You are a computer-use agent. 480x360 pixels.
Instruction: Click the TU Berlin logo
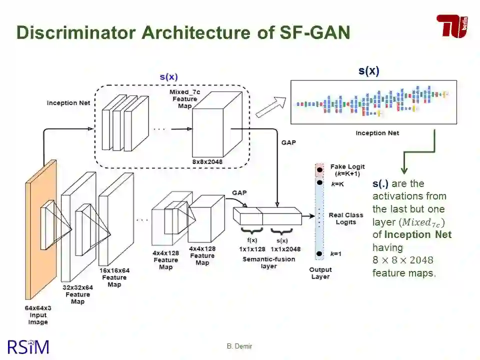452,25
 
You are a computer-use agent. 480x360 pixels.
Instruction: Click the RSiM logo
28,346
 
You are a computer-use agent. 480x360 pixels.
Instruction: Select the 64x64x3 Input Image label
38,315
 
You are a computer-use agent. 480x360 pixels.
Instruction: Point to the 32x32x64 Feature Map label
77,294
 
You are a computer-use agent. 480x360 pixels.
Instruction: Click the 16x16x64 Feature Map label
114,277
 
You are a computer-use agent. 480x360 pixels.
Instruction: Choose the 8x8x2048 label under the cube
207,161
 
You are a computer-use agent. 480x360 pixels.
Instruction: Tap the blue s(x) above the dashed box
168,77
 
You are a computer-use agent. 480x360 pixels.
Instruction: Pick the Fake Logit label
347,170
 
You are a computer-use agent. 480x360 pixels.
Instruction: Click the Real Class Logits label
346,218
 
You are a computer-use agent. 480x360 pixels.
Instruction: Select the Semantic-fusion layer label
268,262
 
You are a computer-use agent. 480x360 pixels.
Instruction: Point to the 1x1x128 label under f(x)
251,249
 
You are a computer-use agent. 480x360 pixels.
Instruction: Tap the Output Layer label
320,273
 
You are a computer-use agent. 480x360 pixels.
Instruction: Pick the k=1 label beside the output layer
335,254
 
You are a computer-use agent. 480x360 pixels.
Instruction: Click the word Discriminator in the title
76,32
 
